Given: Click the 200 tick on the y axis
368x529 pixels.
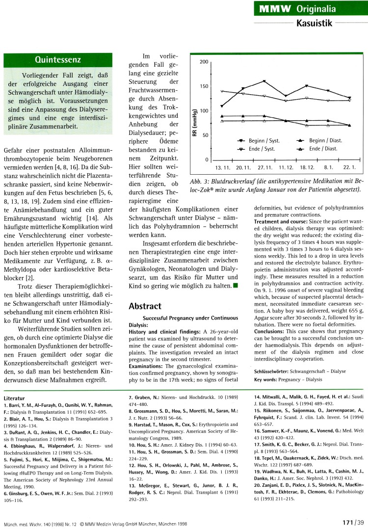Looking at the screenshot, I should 204,62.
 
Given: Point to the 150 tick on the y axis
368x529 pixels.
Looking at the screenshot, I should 204,86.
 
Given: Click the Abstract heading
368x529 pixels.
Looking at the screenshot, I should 145,306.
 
